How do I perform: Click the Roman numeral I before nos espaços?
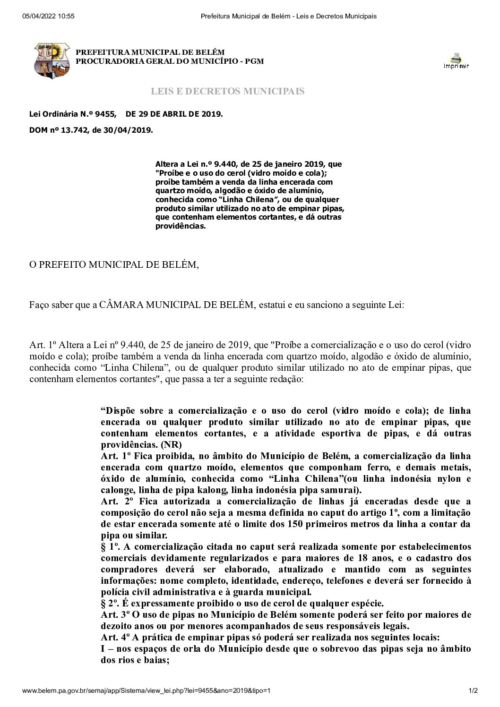click(x=103, y=649)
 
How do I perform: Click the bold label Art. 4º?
click(x=115, y=638)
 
